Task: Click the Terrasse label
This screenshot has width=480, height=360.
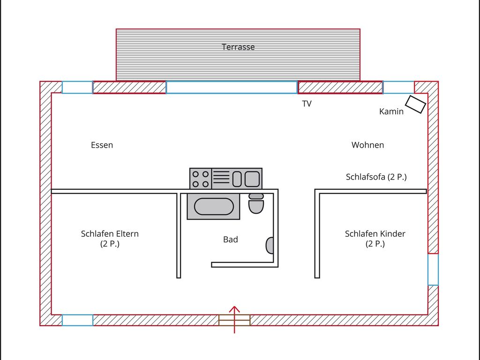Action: pyautogui.click(x=238, y=47)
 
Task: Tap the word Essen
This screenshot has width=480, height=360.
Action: pyautogui.click(x=102, y=145)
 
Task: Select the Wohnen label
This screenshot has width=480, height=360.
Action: pyautogui.click(x=367, y=145)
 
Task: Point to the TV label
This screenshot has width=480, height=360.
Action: pyautogui.click(x=307, y=104)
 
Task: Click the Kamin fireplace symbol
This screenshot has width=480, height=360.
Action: pyautogui.click(x=415, y=105)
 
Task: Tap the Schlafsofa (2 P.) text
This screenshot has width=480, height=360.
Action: pyautogui.click(x=376, y=177)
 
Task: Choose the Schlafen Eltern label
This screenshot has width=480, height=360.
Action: pyautogui.click(x=110, y=233)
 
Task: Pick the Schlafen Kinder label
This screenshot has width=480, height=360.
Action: pyautogui.click(x=375, y=233)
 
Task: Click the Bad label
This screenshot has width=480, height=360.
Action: pyautogui.click(x=231, y=240)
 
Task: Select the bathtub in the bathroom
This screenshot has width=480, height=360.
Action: pyautogui.click(x=214, y=206)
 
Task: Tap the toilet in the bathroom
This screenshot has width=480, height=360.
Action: pyautogui.click(x=256, y=203)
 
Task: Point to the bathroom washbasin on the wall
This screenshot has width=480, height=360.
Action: pyautogui.click(x=270, y=246)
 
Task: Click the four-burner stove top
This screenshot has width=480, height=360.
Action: pyautogui.click(x=201, y=179)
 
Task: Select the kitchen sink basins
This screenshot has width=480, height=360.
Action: pyautogui.click(x=246, y=179)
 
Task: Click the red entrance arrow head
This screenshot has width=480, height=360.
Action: pyautogui.click(x=234, y=309)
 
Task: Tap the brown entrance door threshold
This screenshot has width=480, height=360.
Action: pyautogui.click(x=234, y=320)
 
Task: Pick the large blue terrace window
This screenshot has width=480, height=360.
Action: pyautogui.click(x=232, y=87)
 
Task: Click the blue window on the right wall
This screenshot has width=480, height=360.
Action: pyautogui.click(x=433, y=270)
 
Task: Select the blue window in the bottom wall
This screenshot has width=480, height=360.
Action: pyautogui.click(x=77, y=320)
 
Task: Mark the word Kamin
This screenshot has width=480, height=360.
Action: pyautogui.click(x=391, y=112)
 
